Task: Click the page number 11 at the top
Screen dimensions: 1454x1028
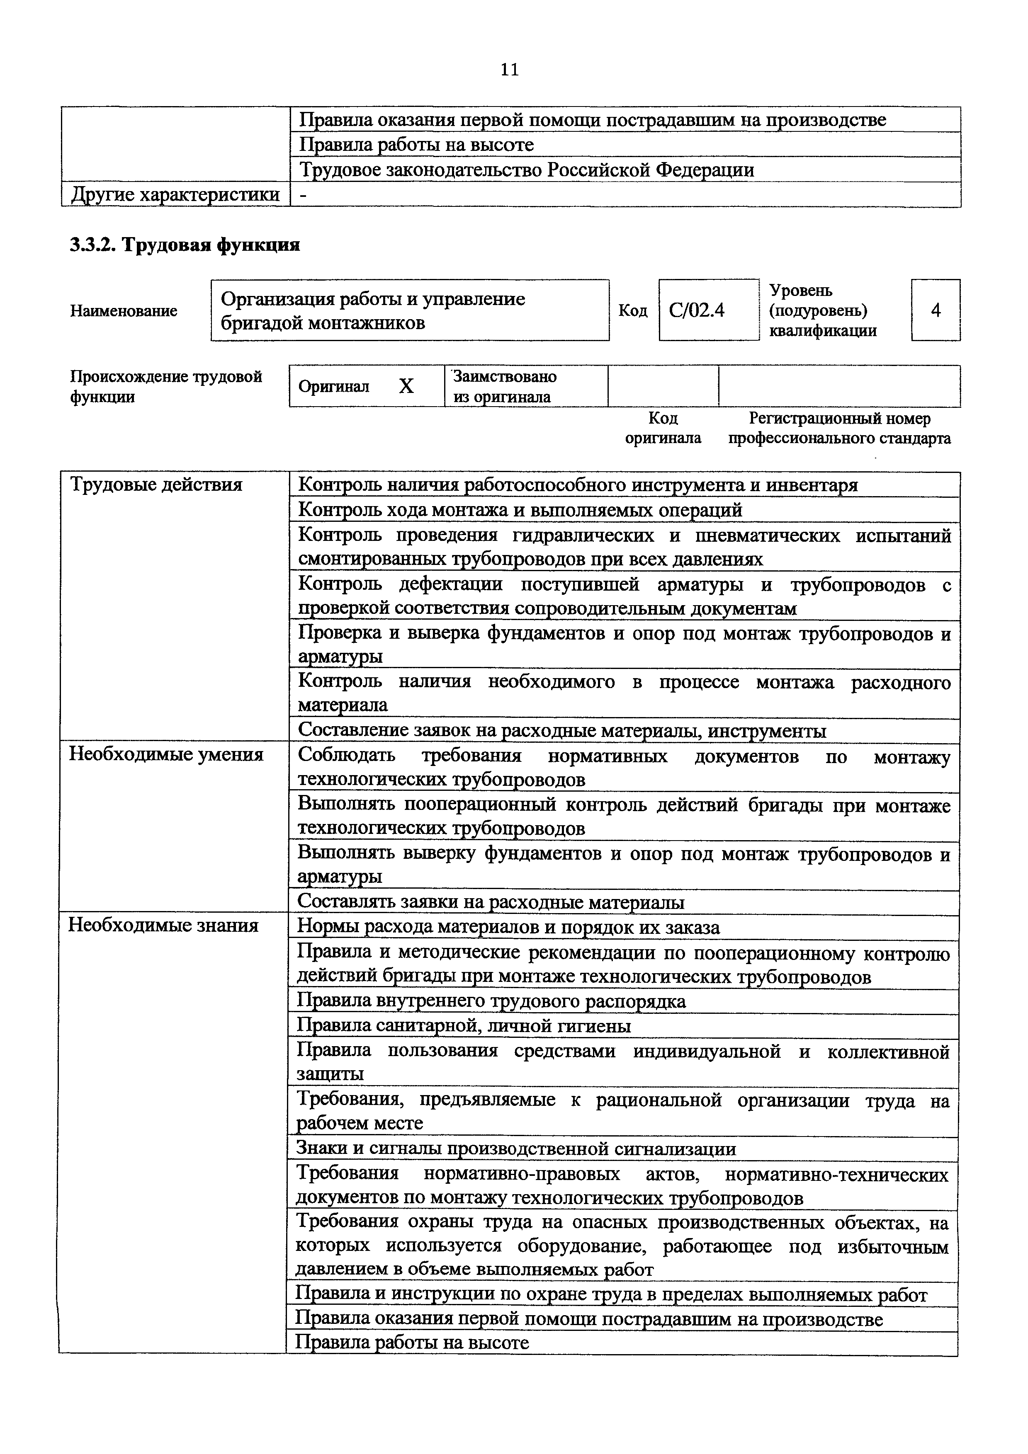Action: (509, 70)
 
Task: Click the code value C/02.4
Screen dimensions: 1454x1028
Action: (697, 310)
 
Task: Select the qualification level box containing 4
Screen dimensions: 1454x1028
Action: (936, 310)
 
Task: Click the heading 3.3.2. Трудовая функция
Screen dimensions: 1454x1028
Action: (184, 245)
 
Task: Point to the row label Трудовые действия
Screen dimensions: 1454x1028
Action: (156, 485)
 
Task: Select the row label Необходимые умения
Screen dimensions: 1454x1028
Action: (166, 754)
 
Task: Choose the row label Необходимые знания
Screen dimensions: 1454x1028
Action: (163, 926)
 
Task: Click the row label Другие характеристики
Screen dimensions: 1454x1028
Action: (175, 194)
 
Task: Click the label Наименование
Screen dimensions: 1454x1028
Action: (124, 311)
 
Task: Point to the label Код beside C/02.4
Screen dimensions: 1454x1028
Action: (633, 311)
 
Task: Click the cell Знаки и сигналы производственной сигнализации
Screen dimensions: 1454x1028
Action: (516, 1149)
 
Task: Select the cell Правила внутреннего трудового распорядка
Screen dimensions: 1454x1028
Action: (491, 1001)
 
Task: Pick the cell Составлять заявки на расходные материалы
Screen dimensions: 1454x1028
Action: (491, 902)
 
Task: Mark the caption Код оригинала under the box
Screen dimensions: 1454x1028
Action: (663, 428)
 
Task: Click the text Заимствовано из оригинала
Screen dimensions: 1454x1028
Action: (505, 386)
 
